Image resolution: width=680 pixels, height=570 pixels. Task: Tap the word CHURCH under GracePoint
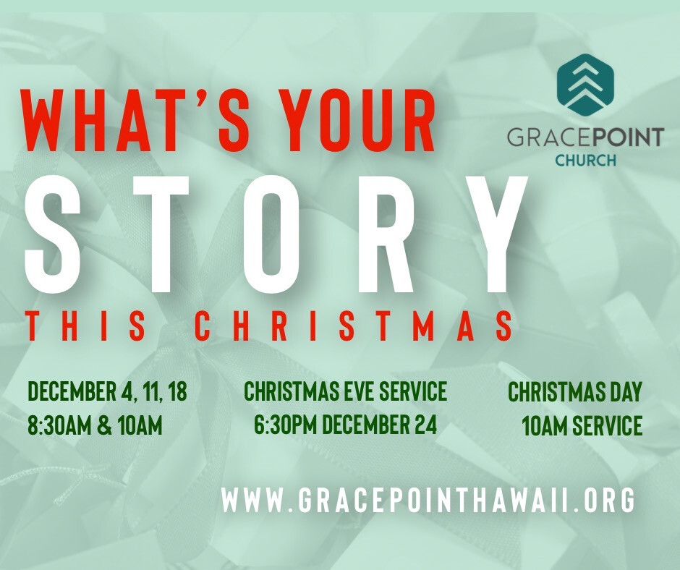click(585, 161)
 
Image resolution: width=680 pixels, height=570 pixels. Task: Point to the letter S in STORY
click(53, 234)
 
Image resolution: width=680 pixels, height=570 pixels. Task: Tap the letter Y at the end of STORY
click(489, 234)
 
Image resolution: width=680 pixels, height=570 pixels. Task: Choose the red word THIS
click(86, 325)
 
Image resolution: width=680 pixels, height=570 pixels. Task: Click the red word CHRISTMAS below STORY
click(354, 325)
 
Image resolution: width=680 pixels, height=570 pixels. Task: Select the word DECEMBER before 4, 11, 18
click(71, 391)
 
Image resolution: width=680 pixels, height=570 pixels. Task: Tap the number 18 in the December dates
click(177, 391)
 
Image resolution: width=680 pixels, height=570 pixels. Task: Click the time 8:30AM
click(59, 425)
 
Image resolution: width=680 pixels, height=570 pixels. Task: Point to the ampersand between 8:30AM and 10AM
click(104, 425)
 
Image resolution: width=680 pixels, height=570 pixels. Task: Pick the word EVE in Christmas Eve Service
click(360, 391)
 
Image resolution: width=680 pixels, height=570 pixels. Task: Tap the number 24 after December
click(425, 425)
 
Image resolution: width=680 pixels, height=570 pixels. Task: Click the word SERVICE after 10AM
click(607, 425)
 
